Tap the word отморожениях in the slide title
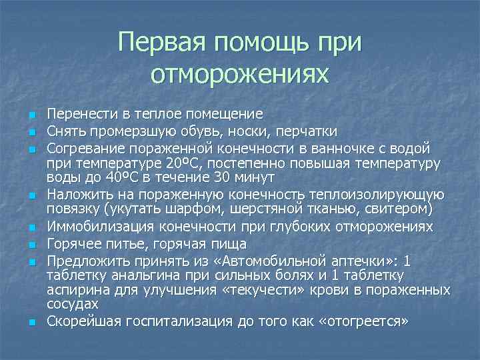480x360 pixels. [x=240, y=74]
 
